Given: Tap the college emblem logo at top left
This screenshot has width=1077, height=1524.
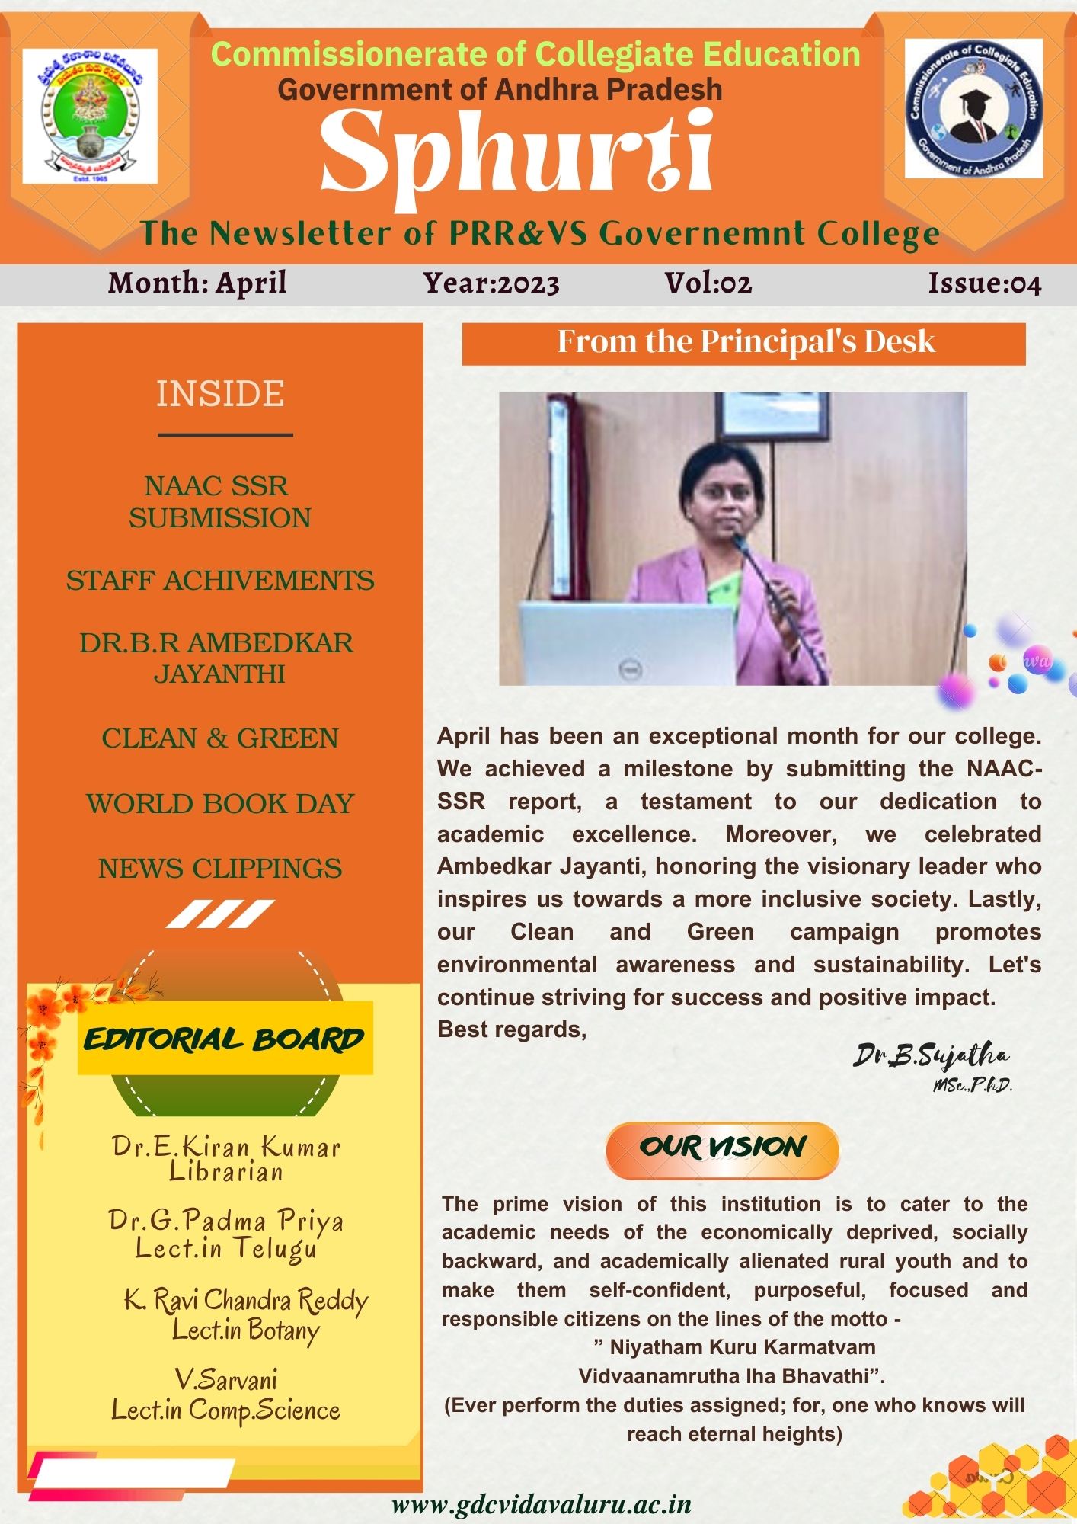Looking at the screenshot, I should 90,116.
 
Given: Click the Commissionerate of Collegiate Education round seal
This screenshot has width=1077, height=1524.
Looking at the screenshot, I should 973,108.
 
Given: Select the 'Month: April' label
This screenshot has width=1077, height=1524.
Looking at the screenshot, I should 197,283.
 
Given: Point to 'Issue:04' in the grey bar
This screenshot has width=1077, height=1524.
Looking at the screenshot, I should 984,283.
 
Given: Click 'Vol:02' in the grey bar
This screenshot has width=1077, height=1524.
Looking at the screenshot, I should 708,283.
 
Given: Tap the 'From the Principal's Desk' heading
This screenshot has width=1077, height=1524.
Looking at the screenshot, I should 745,342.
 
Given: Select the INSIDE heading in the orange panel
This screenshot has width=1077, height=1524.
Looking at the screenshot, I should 220,394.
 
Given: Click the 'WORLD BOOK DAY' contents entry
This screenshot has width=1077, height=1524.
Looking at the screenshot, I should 220,804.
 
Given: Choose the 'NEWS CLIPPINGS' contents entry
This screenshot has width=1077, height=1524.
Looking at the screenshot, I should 220,869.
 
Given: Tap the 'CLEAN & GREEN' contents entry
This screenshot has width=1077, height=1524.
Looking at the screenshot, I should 220,738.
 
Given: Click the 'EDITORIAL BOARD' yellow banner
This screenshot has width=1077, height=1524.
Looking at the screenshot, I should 225,1039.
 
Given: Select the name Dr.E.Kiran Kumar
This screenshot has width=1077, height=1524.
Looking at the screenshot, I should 225,1147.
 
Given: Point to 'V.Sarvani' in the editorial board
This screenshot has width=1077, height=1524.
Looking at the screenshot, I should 225,1380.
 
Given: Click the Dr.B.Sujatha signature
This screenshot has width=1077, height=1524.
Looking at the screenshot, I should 931,1056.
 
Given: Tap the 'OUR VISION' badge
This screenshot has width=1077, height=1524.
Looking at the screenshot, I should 722,1148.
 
